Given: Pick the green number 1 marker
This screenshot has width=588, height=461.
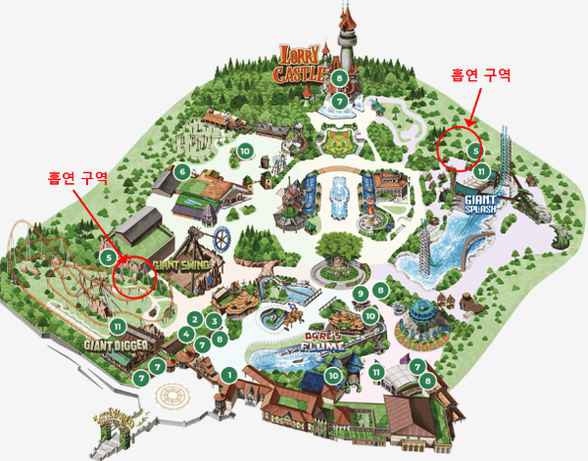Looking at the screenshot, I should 227,374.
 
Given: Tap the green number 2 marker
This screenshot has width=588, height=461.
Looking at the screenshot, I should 195,319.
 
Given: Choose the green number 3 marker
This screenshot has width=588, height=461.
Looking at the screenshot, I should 214,321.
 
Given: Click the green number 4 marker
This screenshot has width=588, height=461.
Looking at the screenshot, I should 186,335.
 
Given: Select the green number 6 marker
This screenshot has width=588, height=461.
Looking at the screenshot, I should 182,171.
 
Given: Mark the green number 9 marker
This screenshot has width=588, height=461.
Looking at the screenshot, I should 361,294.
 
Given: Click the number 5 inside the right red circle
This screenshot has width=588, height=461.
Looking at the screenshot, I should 474,151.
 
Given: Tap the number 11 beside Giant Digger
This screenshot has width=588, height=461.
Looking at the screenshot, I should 118,326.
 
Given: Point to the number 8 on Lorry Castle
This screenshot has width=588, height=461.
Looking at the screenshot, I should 339,78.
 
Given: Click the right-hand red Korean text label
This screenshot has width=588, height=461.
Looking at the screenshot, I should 480,74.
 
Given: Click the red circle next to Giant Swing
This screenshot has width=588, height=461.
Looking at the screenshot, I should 135,273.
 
